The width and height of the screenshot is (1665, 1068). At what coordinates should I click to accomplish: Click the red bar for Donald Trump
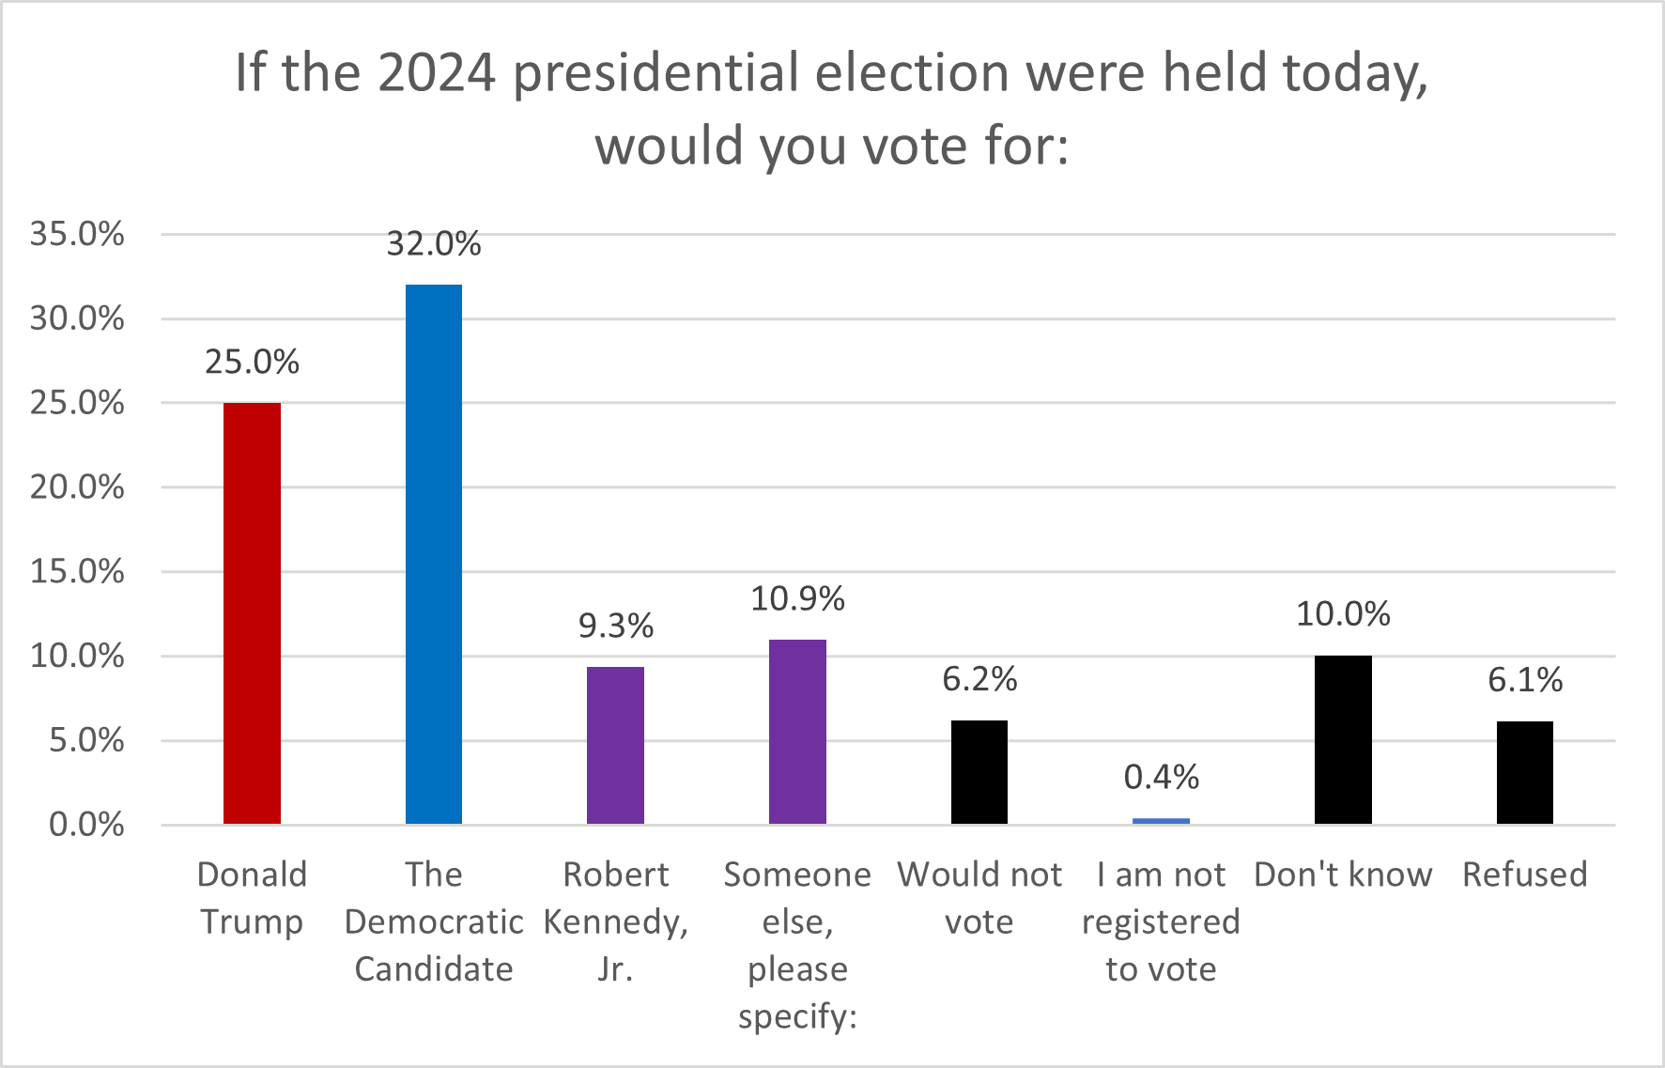(252, 612)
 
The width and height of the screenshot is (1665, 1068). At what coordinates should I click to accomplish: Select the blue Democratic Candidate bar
(434, 554)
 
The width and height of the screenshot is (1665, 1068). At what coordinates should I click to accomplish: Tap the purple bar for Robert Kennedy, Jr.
(615, 745)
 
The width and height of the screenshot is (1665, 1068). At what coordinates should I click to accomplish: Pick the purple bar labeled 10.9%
(797, 732)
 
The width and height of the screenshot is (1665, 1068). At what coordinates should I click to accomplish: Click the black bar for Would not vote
(979, 772)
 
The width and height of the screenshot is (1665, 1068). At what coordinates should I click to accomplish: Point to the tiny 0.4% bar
(1161, 821)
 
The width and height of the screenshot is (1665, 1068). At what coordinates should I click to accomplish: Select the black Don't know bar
(1343, 739)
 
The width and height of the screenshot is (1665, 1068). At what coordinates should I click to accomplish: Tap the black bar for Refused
(1524, 772)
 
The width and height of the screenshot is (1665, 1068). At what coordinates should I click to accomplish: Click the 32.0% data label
(434, 244)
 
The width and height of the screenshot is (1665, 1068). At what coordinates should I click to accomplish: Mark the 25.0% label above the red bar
(252, 362)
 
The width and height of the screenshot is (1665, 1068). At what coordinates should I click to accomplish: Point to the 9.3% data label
(615, 626)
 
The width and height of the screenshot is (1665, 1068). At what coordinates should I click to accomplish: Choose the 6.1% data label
(1524, 680)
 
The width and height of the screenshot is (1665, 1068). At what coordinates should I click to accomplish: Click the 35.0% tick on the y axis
(77, 234)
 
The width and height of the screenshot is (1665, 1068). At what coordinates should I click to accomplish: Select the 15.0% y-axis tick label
(77, 571)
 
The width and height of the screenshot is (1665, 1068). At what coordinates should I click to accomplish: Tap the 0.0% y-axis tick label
(86, 825)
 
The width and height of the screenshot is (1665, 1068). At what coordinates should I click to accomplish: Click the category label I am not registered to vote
(1161, 921)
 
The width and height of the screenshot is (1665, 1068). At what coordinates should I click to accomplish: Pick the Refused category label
(1524, 875)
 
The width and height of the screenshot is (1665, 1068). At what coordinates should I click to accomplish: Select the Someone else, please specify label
(797, 944)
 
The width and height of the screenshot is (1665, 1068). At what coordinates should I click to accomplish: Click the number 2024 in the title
(437, 72)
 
